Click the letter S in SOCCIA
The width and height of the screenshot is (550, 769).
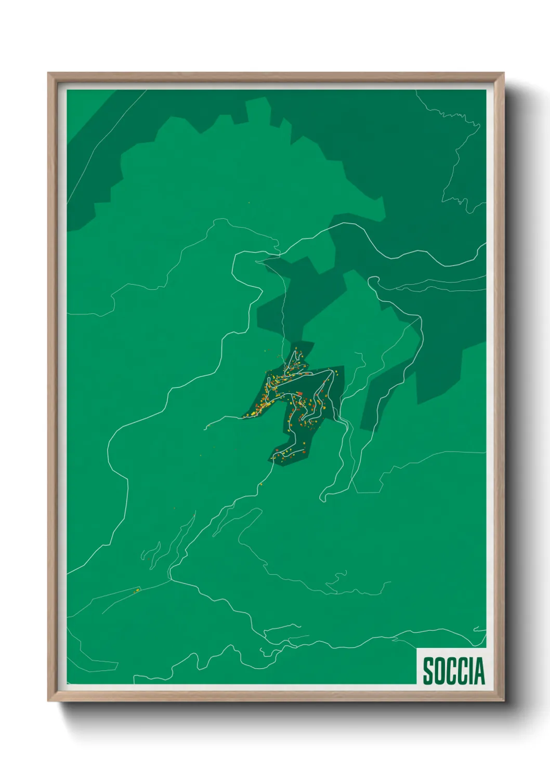coord(429,671)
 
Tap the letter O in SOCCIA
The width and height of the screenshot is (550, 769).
coord(441,671)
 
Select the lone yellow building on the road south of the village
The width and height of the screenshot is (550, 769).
coord(260,484)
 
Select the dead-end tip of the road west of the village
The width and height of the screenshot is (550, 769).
coord(206,428)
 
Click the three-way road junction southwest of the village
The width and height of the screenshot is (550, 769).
coord(170,577)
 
